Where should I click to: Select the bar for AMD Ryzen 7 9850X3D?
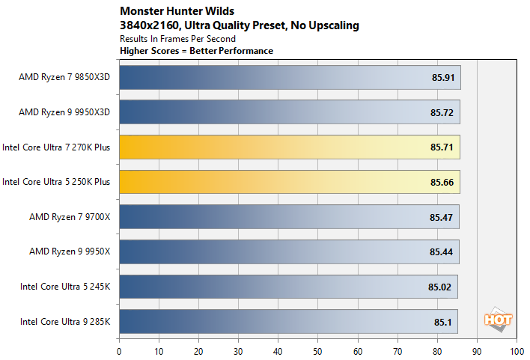(x=289, y=77)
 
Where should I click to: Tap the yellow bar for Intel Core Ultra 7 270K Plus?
(x=289, y=147)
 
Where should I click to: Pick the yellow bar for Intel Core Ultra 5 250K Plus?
(x=289, y=181)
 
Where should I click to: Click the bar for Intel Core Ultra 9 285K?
(x=287, y=321)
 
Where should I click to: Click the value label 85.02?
(x=440, y=286)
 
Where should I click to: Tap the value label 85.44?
(x=442, y=251)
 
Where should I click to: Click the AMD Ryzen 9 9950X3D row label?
(x=64, y=112)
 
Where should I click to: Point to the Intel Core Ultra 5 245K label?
(x=65, y=286)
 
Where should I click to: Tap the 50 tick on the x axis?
(x=317, y=350)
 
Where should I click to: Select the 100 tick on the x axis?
(x=516, y=350)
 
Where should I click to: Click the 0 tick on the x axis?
(x=119, y=350)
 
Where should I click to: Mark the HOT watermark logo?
(x=499, y=320)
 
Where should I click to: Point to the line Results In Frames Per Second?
(x=177, y=38)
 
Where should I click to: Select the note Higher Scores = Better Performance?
(x=196, y=50)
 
